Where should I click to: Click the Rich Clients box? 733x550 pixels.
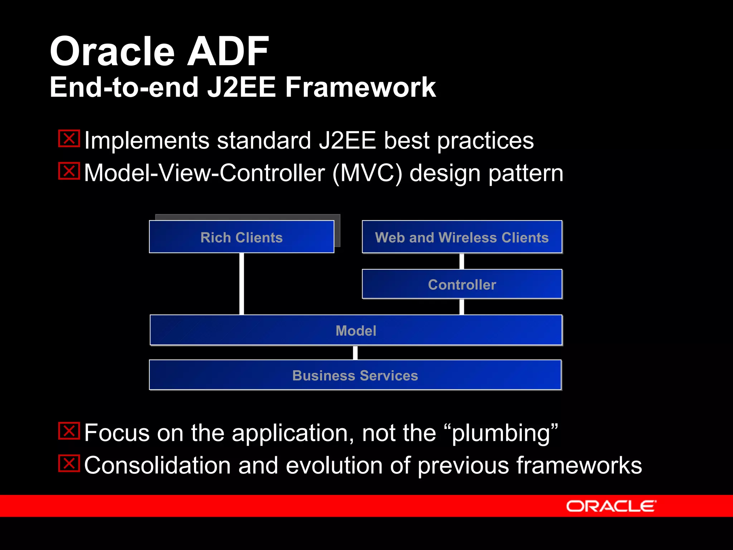click(242, 237)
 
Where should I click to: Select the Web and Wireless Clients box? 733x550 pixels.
click(462, 237)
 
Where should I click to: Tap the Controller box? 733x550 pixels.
click(462, 284)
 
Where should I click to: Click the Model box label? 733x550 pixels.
click(356, 331)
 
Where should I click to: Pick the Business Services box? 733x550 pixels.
click(355, 375)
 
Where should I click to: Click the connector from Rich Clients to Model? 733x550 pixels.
click(242, 284)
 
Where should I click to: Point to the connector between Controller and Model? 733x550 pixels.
click(462, 307)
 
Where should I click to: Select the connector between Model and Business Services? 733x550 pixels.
click(355, 353)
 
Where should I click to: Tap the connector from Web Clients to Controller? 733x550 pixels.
click(462, 261)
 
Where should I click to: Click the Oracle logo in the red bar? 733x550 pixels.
click(611, 506)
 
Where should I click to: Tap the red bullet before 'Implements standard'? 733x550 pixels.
click(69, 139)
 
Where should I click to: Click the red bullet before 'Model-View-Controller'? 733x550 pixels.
click(69, 171)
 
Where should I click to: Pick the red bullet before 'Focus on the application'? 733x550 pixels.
click(69, 431)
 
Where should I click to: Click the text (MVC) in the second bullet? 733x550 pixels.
click(367, 173)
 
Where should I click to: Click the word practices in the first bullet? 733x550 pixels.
click(485, 140)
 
